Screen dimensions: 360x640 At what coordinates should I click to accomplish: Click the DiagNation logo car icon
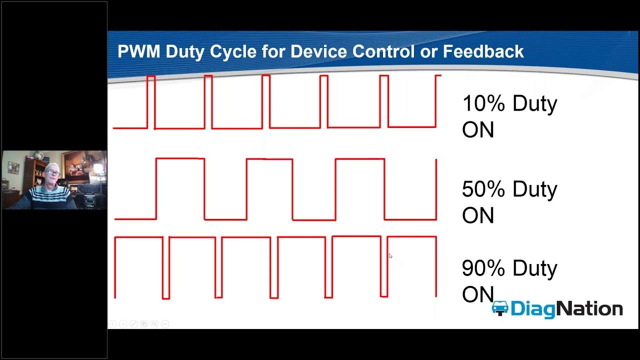(499, 308)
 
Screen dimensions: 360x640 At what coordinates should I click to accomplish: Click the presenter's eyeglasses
(52, 172)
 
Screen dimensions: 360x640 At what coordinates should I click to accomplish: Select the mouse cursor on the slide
(390, 256)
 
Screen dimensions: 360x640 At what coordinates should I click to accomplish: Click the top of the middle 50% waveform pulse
(269, 159)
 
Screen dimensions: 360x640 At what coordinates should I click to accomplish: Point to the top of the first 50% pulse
(180, 159)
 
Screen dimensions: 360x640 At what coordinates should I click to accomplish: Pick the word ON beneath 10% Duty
(477, 130)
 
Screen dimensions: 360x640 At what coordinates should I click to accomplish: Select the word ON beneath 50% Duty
(477, 215)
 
